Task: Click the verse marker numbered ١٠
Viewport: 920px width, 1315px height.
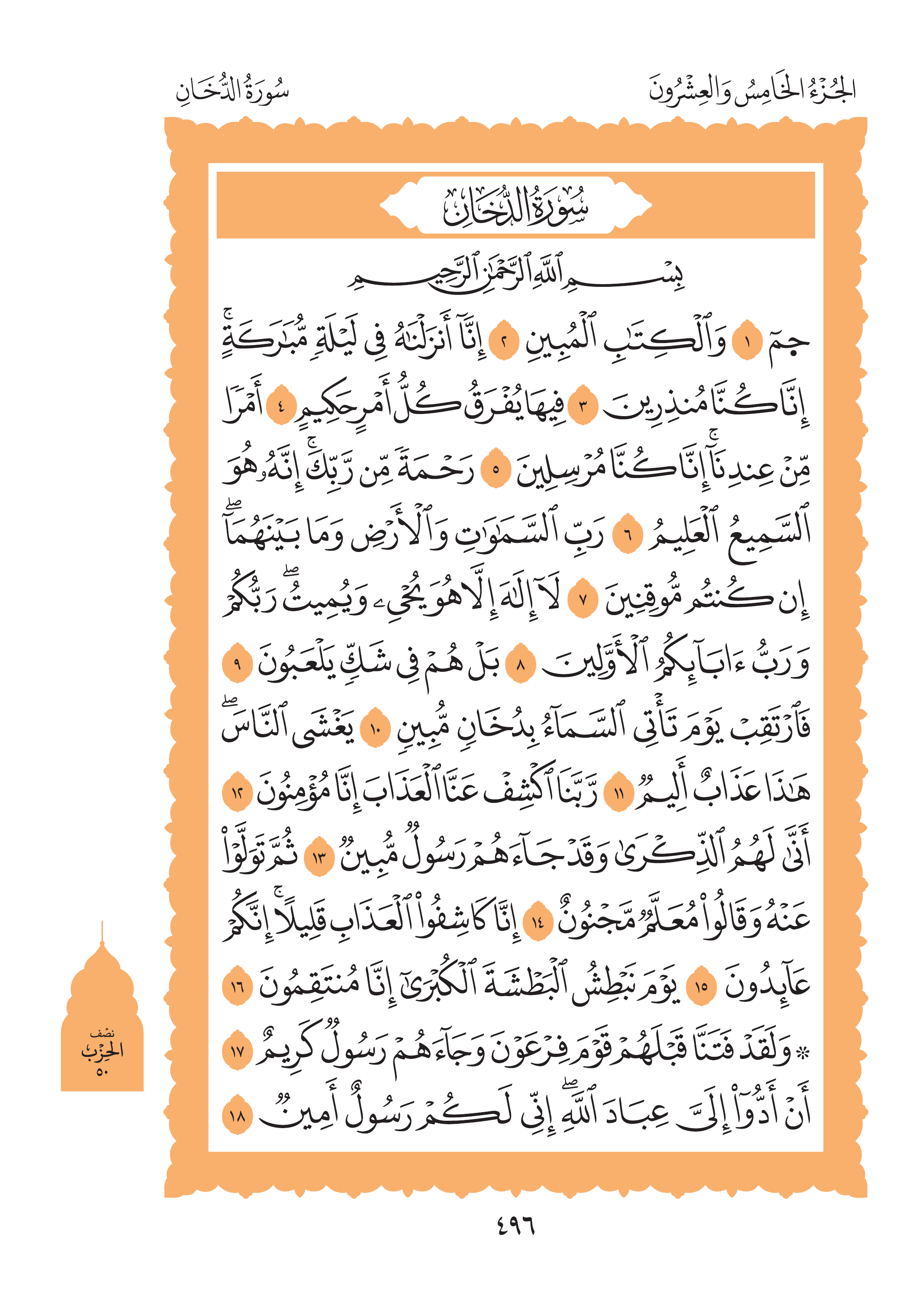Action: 375,730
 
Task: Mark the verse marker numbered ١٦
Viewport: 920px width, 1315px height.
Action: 237,986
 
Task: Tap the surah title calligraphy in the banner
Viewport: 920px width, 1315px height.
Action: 515,206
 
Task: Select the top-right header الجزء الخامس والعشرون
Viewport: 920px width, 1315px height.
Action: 752,90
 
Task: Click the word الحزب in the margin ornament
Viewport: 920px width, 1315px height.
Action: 102,1050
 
